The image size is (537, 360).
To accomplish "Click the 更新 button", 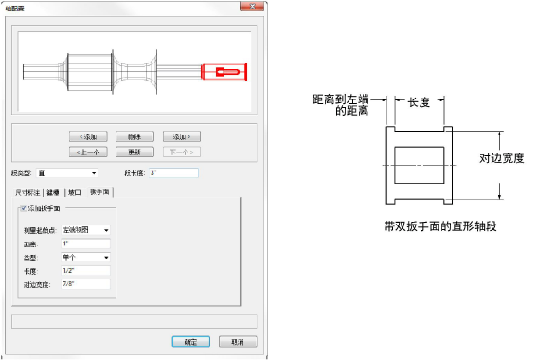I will (x=134, y=151).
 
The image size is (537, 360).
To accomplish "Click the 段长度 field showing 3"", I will (x=172, y=173).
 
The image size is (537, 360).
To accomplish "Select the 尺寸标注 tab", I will (x=27, y=191).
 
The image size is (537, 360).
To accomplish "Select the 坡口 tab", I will (x=75, y=191).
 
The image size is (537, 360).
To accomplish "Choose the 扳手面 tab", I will (x=100, y=191).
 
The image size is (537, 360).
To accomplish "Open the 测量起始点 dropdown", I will (x=85, y=229).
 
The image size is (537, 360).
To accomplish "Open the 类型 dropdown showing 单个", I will (x=85, y=256).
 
